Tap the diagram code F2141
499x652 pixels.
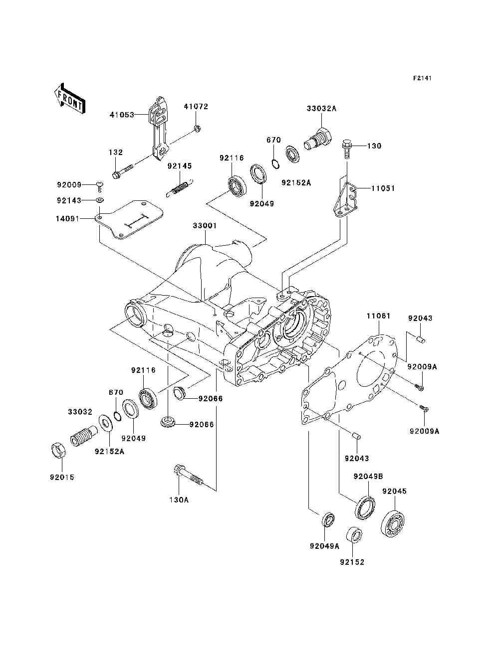click(422, 79)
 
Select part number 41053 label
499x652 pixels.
click(122, 115)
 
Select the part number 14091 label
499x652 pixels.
click(68, 218)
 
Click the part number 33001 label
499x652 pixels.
click(205, 226)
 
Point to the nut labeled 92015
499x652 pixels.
click(59, 450)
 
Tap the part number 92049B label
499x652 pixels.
click(368, 476)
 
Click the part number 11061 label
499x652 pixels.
click(379, 316)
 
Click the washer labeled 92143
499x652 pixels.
click(99, 200)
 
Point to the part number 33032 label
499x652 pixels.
click(80, 412)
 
